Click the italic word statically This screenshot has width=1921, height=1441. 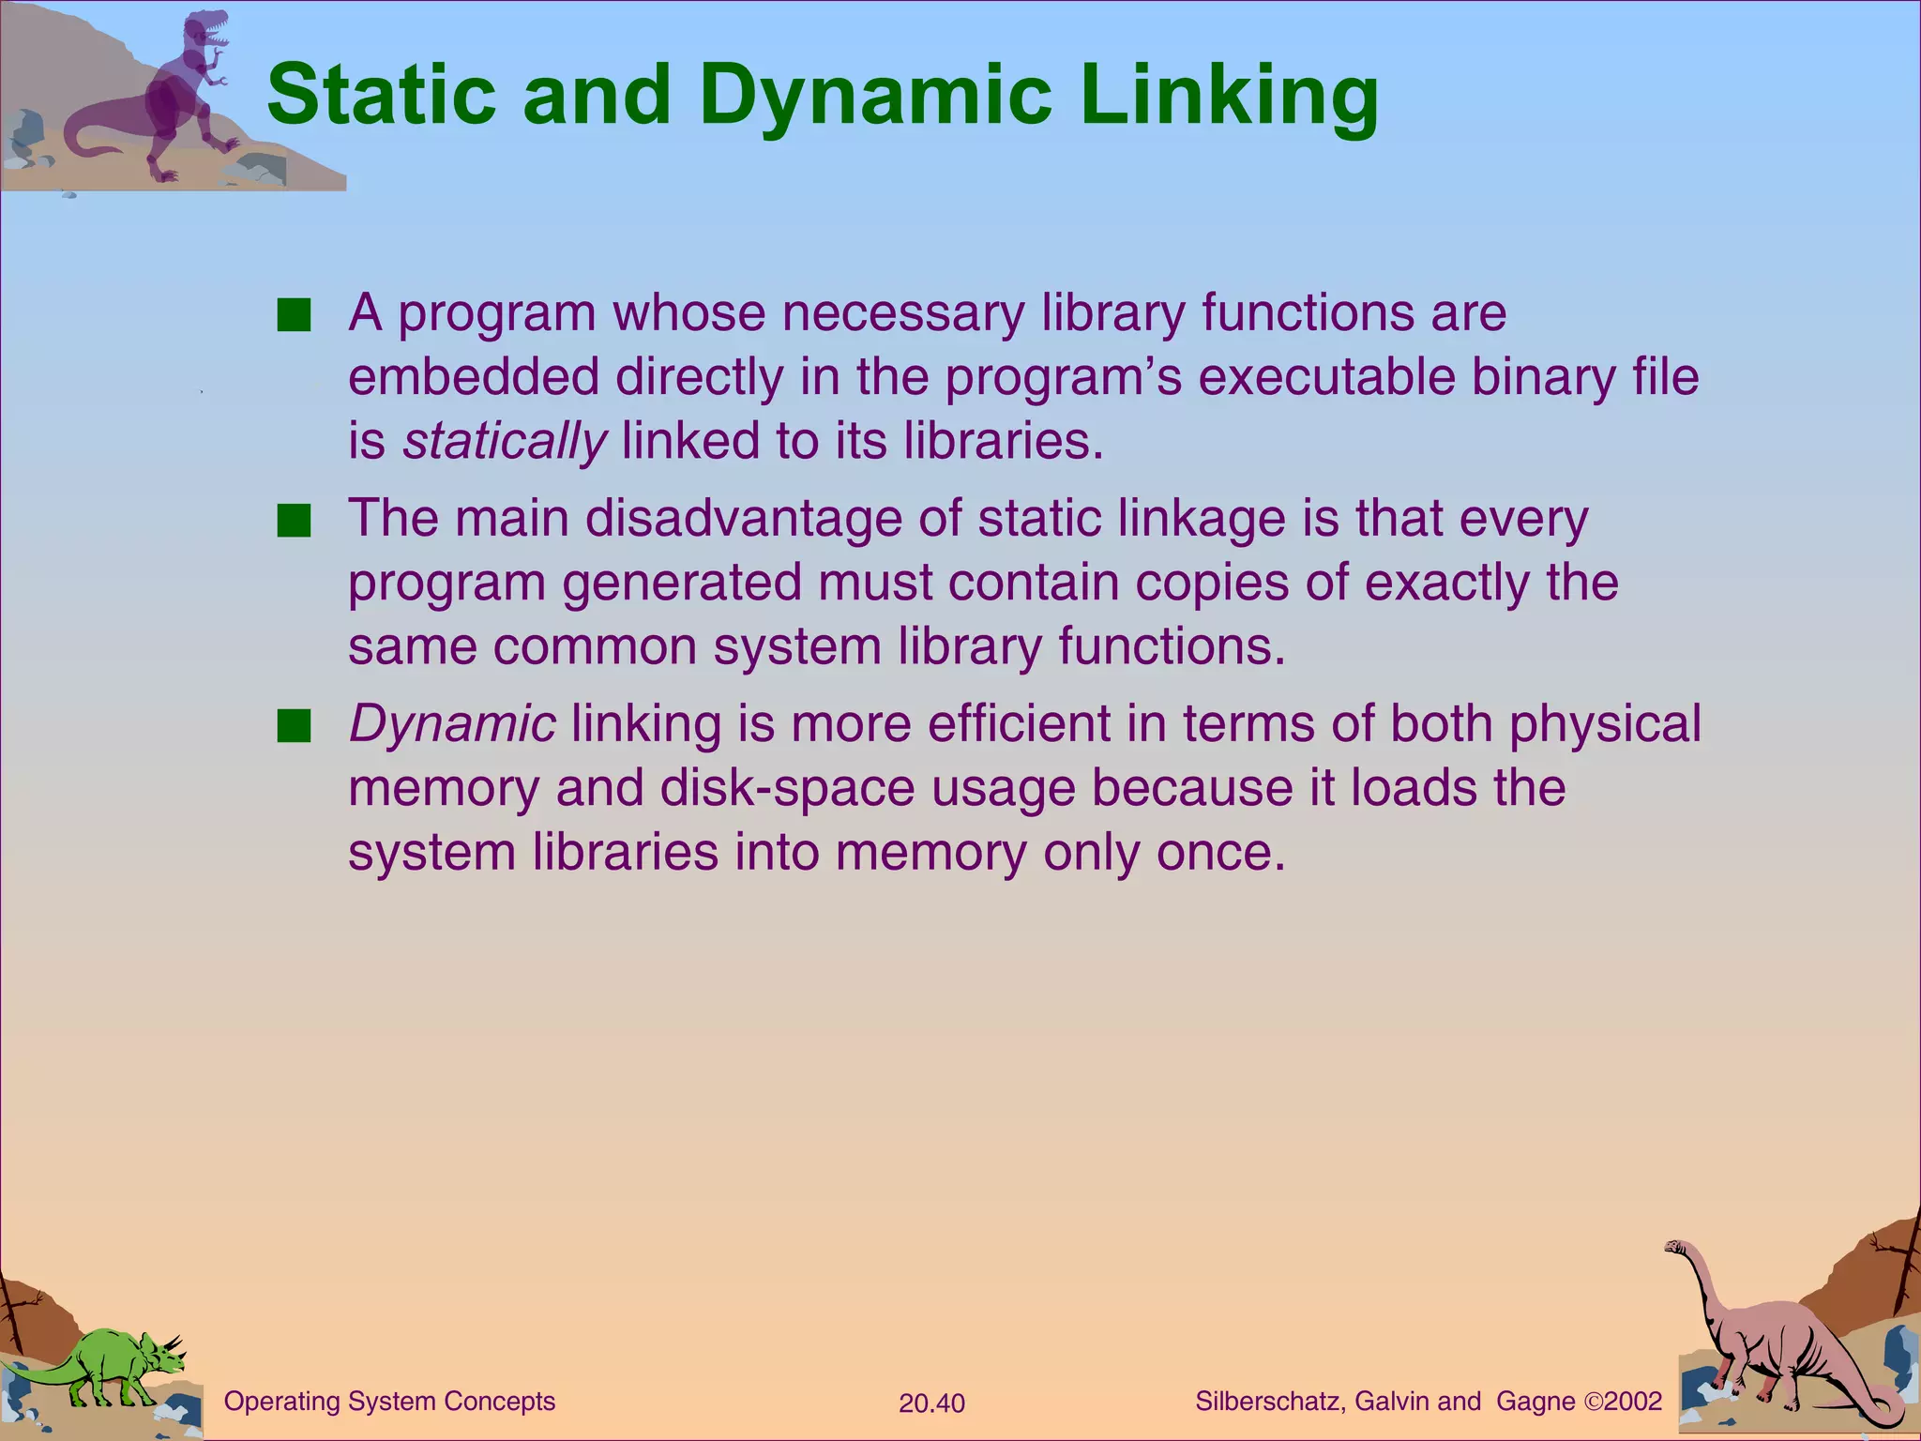point(504,441)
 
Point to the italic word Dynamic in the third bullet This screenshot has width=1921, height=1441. point(452,723)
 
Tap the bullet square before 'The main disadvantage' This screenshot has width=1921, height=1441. point(294,522)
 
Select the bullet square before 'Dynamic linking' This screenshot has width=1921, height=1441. point(294,726)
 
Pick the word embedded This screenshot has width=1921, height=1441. point(474,377)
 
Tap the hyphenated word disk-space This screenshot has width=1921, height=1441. point(786,788)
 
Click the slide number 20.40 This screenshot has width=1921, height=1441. point(931,1403)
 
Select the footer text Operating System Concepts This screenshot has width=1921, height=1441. point(389,1402)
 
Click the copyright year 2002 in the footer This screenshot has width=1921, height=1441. point(1633,1402)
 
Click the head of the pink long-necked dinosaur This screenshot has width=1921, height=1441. point(1676,1247)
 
